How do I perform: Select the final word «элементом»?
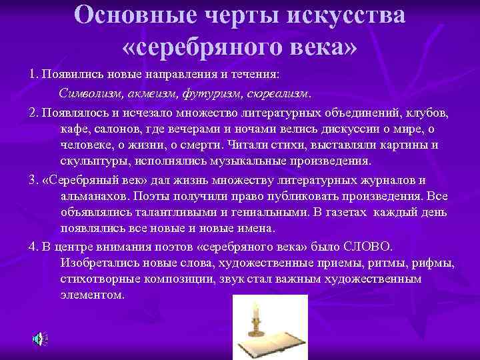click(x=91, y=295)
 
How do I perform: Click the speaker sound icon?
click(x=39, y=339)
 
